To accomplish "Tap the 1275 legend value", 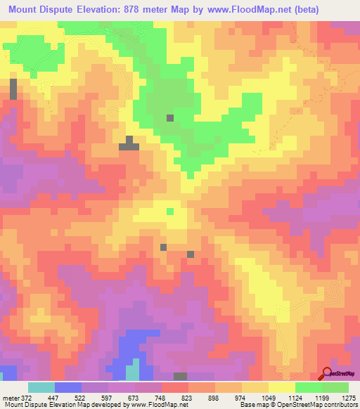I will (349, 397).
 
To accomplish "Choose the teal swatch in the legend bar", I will (41, 387).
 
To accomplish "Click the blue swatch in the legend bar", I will (68, 387).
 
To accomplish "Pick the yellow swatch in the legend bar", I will (282, 387).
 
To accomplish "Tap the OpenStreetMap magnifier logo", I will (328, 373).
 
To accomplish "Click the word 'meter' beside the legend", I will (11, 397).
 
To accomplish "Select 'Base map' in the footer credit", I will (251, 405).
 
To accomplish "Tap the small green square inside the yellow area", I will (169, 210).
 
